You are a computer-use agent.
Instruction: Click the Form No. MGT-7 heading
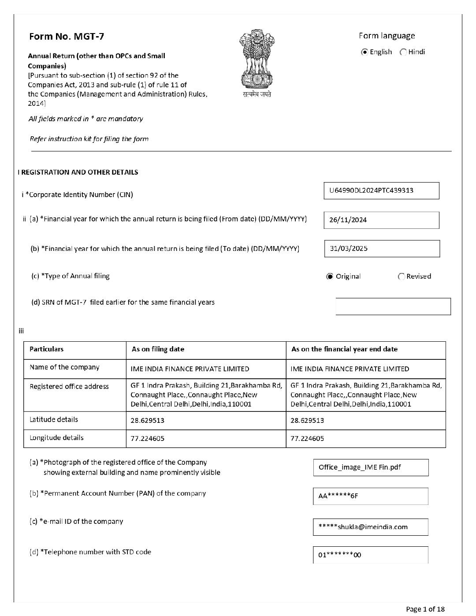pos(67,37)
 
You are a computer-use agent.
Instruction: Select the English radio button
pos(364,52)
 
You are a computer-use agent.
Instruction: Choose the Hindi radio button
pos(403,52)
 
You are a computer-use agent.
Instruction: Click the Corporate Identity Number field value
pos(381,190)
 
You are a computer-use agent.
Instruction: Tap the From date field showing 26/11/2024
pos(381,220)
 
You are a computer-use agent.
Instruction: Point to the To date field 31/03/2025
pos(382,249)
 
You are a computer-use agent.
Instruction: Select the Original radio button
pos(330,276)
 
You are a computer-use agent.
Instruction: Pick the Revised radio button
pos(401,276)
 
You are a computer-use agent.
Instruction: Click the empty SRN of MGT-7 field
pos(393,306)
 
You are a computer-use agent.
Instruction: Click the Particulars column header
pos(47,349)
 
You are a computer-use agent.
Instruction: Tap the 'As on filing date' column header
pos(158,349)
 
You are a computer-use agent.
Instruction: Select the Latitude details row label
pos(54,420)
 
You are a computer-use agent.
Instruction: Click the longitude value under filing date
pos(148,439)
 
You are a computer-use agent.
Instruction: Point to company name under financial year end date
pos(350,369)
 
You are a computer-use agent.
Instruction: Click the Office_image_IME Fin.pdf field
pos(371,467)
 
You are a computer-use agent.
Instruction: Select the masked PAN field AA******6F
pos(371,496)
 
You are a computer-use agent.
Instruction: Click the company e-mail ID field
pos(371,527)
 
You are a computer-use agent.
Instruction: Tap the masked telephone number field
pos(371,555)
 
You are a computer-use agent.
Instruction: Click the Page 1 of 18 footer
pos(425,609)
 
